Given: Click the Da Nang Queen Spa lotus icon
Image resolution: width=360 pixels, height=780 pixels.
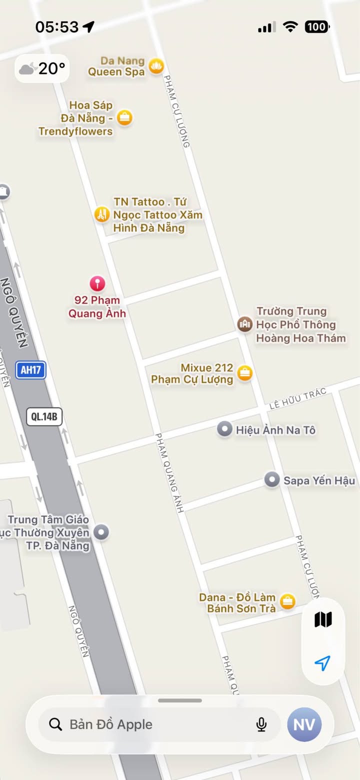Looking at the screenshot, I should tap(156, 66).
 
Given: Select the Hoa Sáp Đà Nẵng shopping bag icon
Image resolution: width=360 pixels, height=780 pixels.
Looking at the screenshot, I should tap(124, 118).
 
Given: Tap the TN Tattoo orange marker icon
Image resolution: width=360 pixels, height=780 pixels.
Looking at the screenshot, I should tap(101, 214).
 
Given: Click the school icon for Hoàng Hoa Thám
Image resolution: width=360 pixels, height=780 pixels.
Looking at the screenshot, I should tap(244, 324).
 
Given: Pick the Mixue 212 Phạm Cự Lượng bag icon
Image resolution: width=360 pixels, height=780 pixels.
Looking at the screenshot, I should tap(244, 373).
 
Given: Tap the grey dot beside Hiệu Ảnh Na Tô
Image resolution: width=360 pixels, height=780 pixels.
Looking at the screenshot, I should tap(224, 429).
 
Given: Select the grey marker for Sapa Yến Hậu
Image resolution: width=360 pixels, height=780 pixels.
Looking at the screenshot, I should tap(271, 480).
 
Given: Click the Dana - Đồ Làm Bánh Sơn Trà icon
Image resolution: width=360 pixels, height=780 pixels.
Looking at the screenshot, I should tap(287, 601).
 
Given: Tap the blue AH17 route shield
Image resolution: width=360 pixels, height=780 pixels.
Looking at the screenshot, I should tap(30, 370).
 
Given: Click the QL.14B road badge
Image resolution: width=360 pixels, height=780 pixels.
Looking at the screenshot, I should tap(44, 416).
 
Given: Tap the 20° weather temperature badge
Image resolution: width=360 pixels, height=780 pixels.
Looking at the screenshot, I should tap(42, 68).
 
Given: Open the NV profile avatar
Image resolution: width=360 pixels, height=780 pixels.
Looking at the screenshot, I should tap(304, 724).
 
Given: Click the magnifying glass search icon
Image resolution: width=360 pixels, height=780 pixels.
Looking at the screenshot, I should tap(55, 724).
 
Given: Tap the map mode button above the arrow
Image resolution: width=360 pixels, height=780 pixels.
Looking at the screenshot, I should tap(323, 620).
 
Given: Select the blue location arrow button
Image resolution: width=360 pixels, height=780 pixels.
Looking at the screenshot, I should tap(323, 663).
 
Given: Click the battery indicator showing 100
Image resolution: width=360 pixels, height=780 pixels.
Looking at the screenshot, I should tap(316, 27).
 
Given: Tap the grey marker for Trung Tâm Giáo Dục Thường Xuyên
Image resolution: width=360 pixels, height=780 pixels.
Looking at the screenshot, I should tap(101, 532).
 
